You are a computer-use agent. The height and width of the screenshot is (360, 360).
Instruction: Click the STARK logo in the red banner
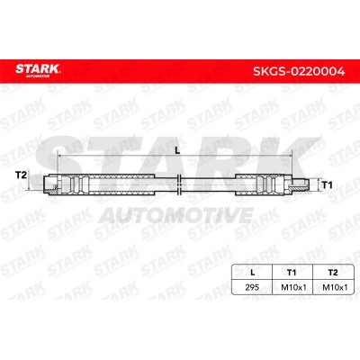click(38, 68)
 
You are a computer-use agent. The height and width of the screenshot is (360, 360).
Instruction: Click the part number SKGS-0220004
click(299, 71)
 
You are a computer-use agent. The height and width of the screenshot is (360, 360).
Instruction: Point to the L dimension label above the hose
click(177, 151)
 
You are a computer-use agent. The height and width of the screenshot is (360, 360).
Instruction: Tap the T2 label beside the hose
click(21, 175)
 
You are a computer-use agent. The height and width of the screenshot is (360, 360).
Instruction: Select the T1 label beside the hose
click(327, 185)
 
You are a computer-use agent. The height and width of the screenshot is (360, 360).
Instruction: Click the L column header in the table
click(253, 273)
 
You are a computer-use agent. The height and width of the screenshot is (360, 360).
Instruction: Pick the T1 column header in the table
click(292, 273)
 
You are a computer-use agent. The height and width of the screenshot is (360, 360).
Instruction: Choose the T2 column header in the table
click(333, 273)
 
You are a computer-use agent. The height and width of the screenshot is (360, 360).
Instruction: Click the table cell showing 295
click(252, 287)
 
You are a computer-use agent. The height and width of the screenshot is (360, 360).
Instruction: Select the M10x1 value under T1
click(293, 287)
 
